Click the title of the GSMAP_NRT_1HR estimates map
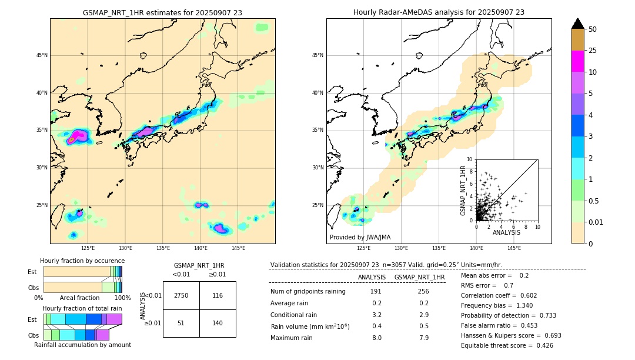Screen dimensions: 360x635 point(162,12)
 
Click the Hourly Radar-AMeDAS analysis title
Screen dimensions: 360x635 point(439,12)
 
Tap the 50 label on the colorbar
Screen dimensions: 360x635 point(593,29)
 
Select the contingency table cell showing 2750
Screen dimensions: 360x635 point(181,295)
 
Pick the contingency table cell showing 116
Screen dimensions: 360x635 point(218,295)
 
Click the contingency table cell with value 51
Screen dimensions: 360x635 point(181,323)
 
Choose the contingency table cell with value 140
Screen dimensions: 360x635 point(218,323)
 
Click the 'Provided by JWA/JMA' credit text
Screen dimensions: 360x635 point(360,238)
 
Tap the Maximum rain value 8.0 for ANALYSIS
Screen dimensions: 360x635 point(376,338)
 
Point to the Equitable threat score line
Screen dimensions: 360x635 point(507,345)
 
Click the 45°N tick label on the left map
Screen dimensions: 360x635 point(41,55)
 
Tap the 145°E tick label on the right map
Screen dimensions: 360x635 point(514,248)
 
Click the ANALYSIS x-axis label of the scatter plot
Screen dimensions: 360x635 point(506,233)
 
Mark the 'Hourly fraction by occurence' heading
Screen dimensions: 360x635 point(82,261)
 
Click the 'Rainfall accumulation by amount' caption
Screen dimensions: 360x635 point(82,345)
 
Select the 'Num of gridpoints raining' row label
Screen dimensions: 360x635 point(308,292)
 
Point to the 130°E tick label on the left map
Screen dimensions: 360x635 point(125,248)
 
